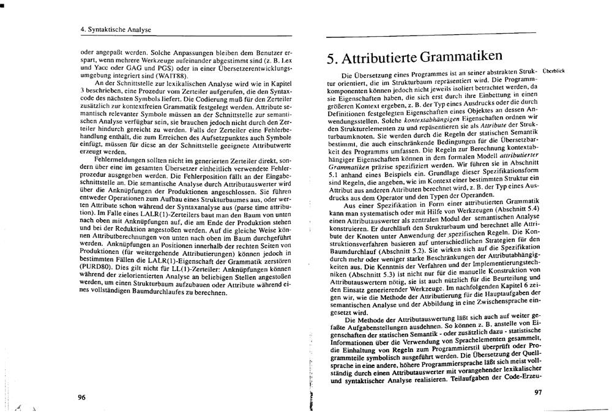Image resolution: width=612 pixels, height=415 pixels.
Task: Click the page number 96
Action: pos(81,397)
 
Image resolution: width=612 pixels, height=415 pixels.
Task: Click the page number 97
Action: pos(538,392)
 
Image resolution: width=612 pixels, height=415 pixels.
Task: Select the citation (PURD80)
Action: pos(97,267)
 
